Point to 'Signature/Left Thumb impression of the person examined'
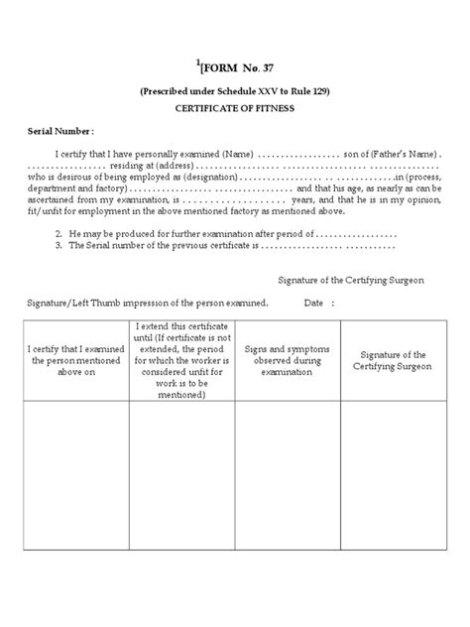point(148,303)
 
